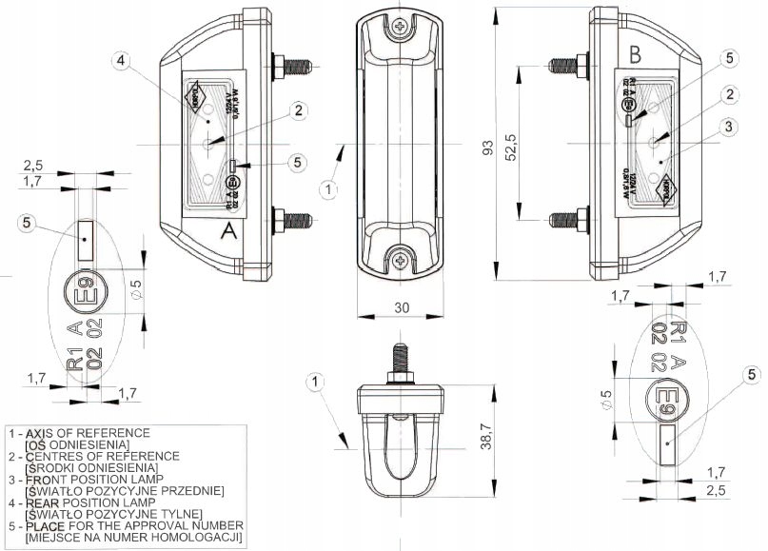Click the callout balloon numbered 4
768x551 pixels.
click(x=120, y=62)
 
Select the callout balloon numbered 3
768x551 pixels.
click(x=726, y=126)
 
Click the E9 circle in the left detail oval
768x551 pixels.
click(x=85, y=291)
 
